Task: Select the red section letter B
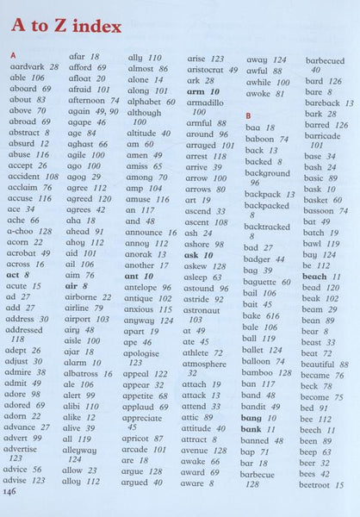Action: pyautogui.click(x=249, y=115)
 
